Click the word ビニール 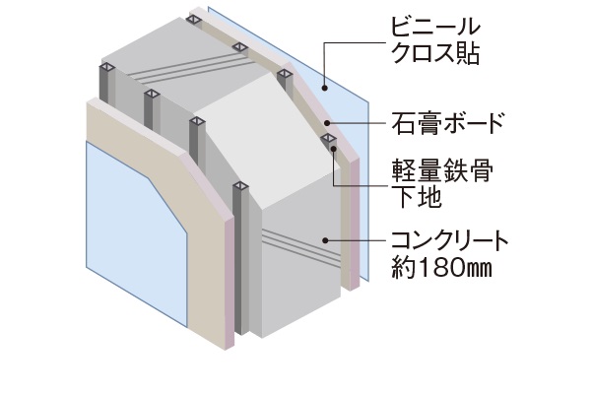pyautogui.click(x=431, y=24)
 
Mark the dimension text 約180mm pyautogui.click(x=436, y=267)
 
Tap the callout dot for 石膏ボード pyautogui.click(x=326, y=124)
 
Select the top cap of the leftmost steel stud pyautogui.click(x=104, y=68)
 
